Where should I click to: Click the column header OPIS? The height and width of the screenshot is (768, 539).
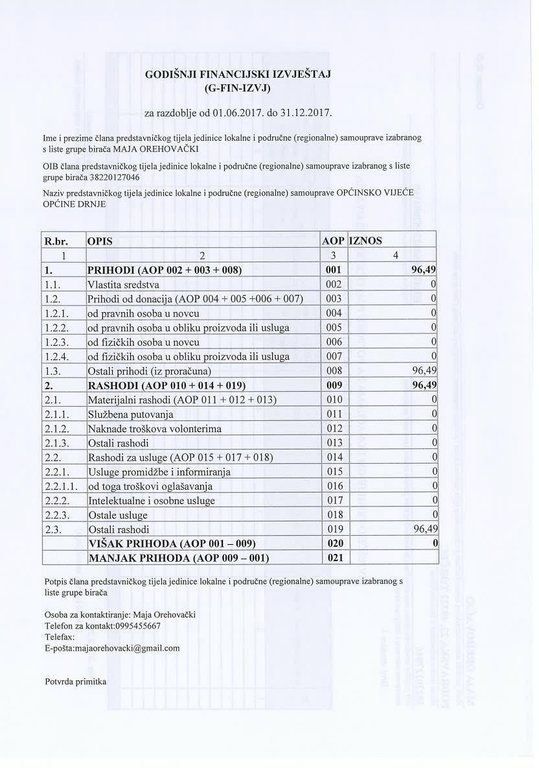pos(100,241)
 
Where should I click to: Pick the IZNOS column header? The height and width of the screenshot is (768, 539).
pos(366,241)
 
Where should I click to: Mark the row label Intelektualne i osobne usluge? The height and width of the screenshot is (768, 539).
pos(151,501)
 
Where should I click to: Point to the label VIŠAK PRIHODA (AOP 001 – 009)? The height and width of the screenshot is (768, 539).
pos(172,544)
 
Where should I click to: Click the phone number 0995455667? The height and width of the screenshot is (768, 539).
pos(133,625)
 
